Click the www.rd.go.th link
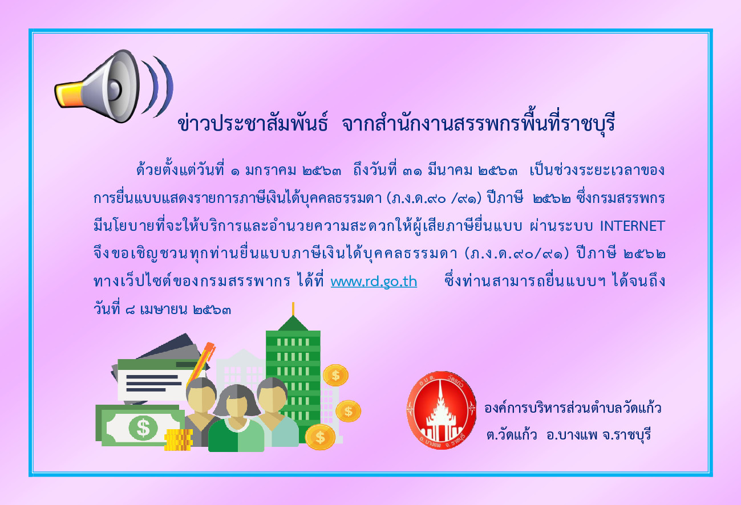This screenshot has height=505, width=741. click(x=374, y=282)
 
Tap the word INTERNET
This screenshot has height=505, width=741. click(x=632, y=226)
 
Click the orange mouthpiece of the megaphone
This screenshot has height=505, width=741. click(x=68, y=95)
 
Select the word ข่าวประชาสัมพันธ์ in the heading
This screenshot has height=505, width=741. click(x=253, y=123)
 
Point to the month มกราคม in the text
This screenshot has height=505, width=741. click(x=270, y=171)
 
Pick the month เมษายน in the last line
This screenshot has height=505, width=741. click(x=164, y=310)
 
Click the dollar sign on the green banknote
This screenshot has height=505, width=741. click(x=143, y=428)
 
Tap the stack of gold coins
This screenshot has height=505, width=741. click(x=179, y=439)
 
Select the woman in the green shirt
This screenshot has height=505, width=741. click(x=236, y=418)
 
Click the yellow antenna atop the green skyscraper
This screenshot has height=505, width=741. click(x=293, y=309)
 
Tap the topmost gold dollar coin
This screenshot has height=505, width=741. click(x=335, y=375)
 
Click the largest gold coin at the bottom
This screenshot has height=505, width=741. click(x=320, y=437)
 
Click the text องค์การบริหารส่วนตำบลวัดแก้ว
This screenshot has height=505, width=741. click(x=573, y=408)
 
